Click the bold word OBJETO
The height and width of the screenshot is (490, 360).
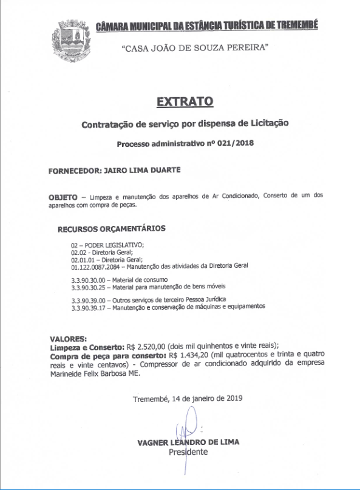(63, 198)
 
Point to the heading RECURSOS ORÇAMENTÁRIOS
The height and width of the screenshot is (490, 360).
(111, 229)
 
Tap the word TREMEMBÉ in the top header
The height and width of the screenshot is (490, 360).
(290, 26)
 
